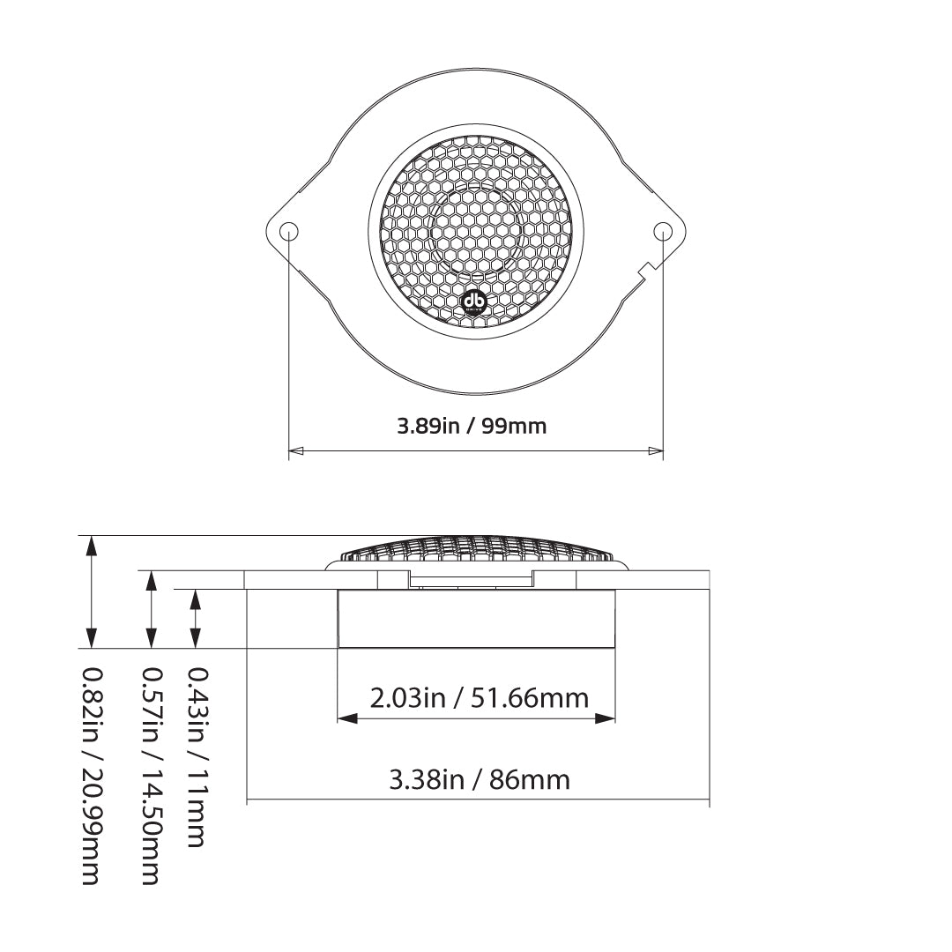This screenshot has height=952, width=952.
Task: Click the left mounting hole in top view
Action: click(x=289, y=232)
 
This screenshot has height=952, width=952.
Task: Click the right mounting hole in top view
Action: click(x=663, y=232)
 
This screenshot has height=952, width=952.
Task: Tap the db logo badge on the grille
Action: click(x=475, y=301)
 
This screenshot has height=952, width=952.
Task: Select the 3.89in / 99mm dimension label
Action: click(x=472, y=427)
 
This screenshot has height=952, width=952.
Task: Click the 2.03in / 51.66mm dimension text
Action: click(x=480, y=698)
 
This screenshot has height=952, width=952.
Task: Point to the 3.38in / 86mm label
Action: click(x=480, y=779)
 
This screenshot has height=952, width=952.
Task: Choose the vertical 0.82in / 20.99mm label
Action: click(x=91, y=776)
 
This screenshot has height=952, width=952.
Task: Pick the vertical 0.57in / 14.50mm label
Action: click(x=152, y=776)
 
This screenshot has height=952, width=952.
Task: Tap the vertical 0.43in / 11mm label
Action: click(x=196, y=757)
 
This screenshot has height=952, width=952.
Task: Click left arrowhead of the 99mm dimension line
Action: click(x=295, y=450)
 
